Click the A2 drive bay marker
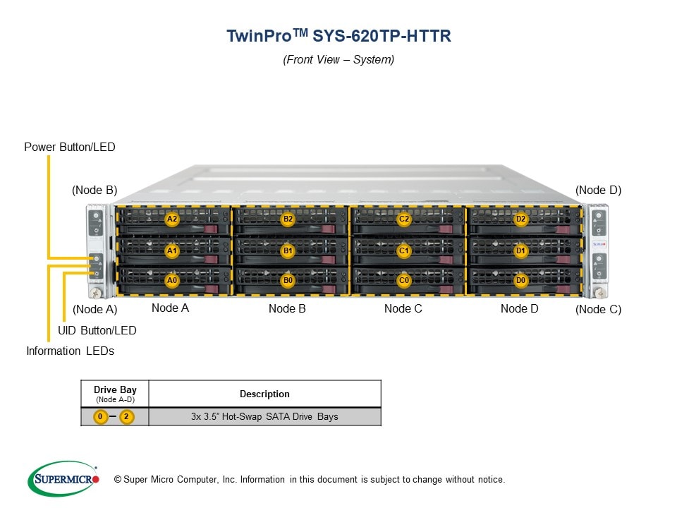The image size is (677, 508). coord(171,219)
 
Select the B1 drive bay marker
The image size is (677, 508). coord(288,250)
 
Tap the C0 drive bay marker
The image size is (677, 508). coord(404,280)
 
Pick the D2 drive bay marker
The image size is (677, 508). coord(520,219)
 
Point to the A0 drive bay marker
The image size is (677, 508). coord(171,280)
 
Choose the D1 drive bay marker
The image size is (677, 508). coord(520,250)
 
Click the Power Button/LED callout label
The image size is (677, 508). coord(69,147)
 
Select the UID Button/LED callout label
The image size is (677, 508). coord(97,330)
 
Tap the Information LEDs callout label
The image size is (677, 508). coord(70,351)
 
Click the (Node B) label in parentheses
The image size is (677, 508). coord(94,190)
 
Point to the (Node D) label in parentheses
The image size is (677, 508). coord(598,190)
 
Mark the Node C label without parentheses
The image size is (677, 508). coord(403,308)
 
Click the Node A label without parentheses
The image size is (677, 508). coord(170,308)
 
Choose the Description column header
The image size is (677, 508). coord(264,394)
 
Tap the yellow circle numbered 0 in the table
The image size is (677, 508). coord(101,417)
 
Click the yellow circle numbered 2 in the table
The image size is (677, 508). coord(126,417)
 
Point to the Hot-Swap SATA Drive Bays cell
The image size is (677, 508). coord(264,417)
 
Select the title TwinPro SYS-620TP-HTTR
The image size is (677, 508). coord(338,36)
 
